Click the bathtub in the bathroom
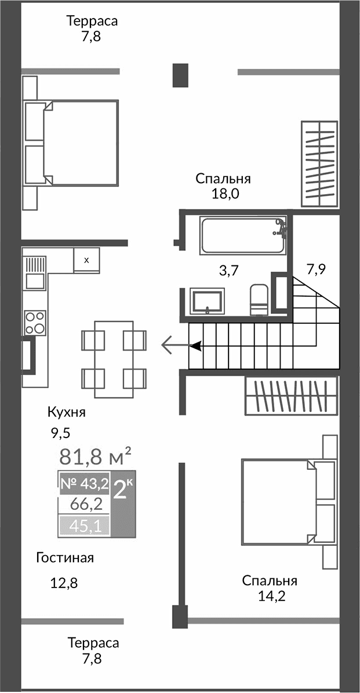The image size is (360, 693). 243,235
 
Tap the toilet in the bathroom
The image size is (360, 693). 258,300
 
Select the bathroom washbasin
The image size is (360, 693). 208,302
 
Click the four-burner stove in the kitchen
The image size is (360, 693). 35,323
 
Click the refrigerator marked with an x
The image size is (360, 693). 86,260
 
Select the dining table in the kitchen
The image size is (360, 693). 114,359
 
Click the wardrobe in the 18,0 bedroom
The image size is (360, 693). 319,163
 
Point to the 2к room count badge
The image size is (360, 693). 123,491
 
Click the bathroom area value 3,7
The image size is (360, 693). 229,270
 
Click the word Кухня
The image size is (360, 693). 67,413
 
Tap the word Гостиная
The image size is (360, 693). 64,559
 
